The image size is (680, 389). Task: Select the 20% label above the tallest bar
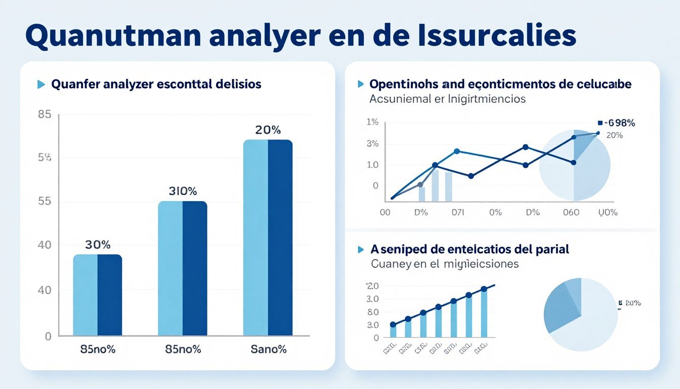point(268,130)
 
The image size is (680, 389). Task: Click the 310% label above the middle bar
point(183,191)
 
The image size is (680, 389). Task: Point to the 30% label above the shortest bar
point(98,245)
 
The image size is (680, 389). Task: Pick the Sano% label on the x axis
point(268,349)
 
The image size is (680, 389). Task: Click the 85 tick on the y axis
point(45,114)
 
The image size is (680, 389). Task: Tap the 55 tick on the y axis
point(45,201)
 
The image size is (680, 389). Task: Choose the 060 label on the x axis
point(571,212)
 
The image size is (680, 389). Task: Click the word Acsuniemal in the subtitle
point(402,99)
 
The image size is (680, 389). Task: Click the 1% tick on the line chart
point(372,122)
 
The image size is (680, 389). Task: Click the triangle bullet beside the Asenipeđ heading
point(361,249)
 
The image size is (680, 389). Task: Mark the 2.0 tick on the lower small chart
point(372,286)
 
